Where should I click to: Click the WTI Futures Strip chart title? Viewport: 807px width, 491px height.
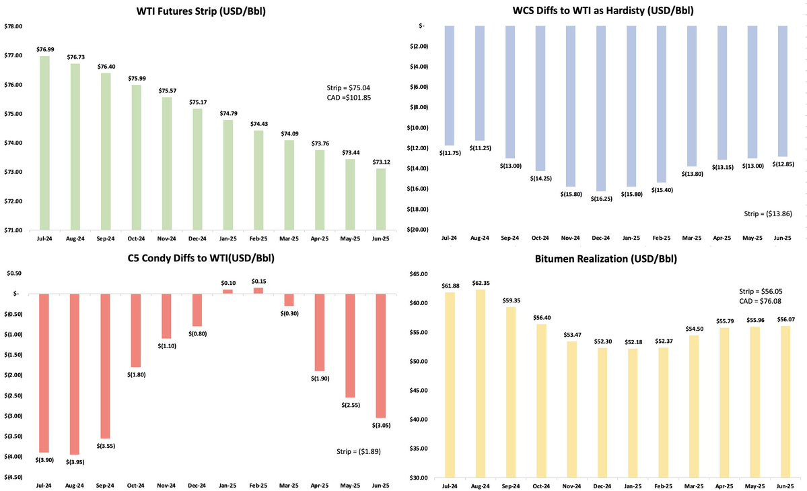(201, 10)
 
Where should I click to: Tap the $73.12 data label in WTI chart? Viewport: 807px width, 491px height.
(381, 162)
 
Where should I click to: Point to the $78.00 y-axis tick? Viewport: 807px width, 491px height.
(13, 26)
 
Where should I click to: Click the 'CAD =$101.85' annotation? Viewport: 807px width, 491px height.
(349, 98)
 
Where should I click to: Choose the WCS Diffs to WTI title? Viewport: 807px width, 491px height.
(603, 10)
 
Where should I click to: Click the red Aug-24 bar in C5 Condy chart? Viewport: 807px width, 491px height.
(75, 374)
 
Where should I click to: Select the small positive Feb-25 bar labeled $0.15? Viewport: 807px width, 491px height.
(258, 290)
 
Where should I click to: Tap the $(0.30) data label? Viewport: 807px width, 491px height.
(289, 313)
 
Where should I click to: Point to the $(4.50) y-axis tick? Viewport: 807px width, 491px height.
(13, 477)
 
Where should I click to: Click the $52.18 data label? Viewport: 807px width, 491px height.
(632, 342)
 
